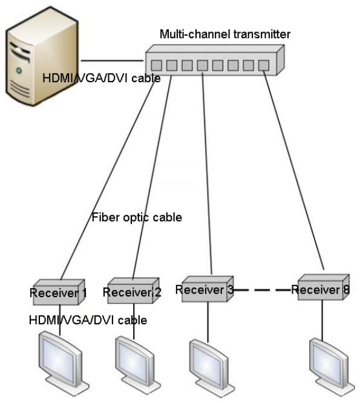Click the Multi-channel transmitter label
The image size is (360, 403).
point(225,34)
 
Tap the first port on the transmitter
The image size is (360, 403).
point(156,65)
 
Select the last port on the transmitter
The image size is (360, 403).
point(264,65)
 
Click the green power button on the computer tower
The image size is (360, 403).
point(19,70)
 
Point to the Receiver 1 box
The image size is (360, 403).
point(59,292)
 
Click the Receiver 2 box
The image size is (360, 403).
point(133,290)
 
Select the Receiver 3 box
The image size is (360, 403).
point(208,289)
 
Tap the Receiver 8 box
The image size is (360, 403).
point(324,287)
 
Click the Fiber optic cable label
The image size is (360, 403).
point(137,217)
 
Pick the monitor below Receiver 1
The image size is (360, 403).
point(64,363)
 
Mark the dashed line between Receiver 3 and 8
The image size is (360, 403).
point(262,290)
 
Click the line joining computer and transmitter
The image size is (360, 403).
point(112,61)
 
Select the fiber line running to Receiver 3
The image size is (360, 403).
point(207,174)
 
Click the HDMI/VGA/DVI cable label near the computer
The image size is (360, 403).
point(102,78)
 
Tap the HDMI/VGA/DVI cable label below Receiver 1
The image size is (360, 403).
point(88,320)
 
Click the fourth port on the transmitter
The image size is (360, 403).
point(203,65)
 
